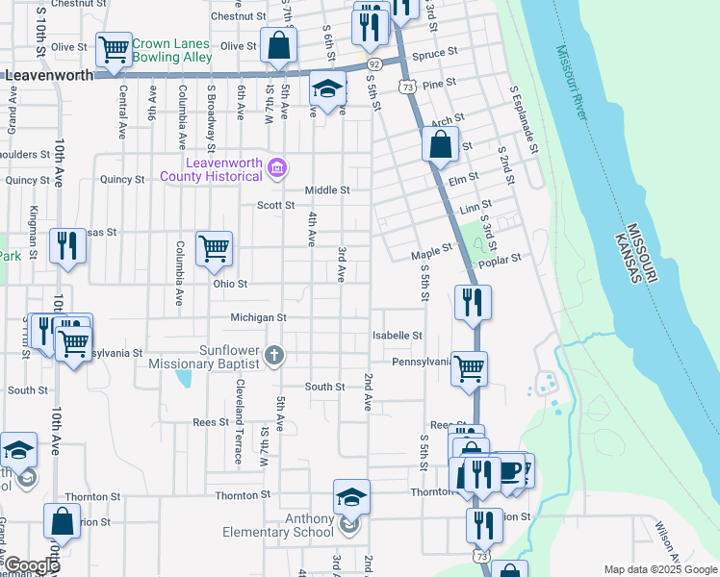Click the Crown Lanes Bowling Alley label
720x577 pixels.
click(171, 50)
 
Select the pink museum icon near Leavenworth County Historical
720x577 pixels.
click(277, 169)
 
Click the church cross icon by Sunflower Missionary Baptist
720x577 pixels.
click(274, 357)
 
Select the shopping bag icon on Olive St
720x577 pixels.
click(278, 44)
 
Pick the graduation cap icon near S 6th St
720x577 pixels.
click(327, 89)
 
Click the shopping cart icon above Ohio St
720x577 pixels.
click(213, 248)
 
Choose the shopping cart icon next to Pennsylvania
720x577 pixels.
click(469, 367)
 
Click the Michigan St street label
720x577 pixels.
click(258, 317)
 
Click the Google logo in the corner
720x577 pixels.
click(32, 565)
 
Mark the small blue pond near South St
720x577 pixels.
click(182, 376)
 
